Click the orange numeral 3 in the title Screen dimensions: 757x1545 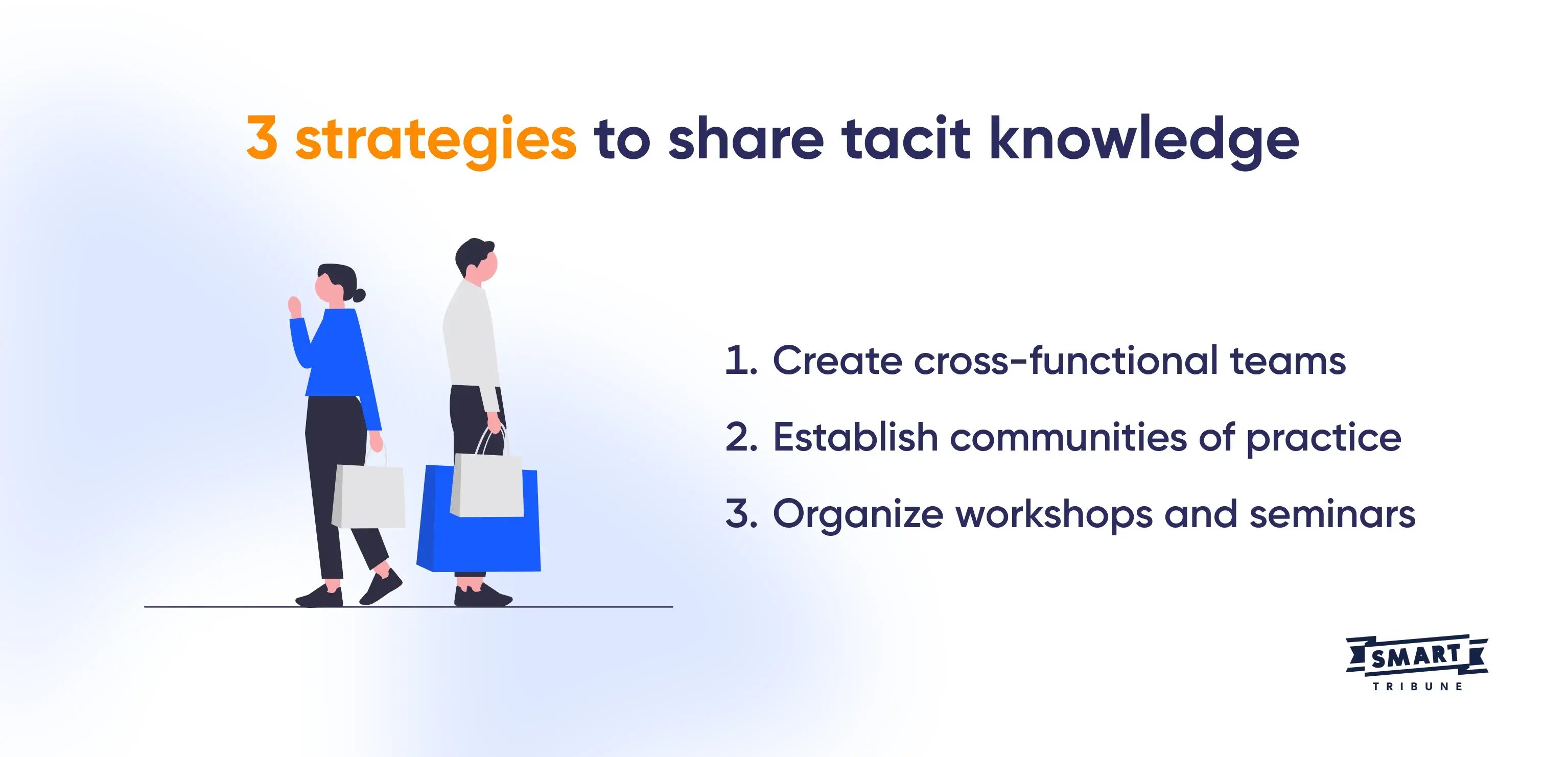262,138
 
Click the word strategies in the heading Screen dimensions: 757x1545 436,140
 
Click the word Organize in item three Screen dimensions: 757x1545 858,515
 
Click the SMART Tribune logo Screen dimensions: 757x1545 1416,664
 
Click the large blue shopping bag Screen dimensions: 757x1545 479,540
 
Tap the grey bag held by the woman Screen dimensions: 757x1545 368,496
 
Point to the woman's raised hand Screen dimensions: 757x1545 294,306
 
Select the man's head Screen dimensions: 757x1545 477,262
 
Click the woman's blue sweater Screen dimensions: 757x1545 339,354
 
